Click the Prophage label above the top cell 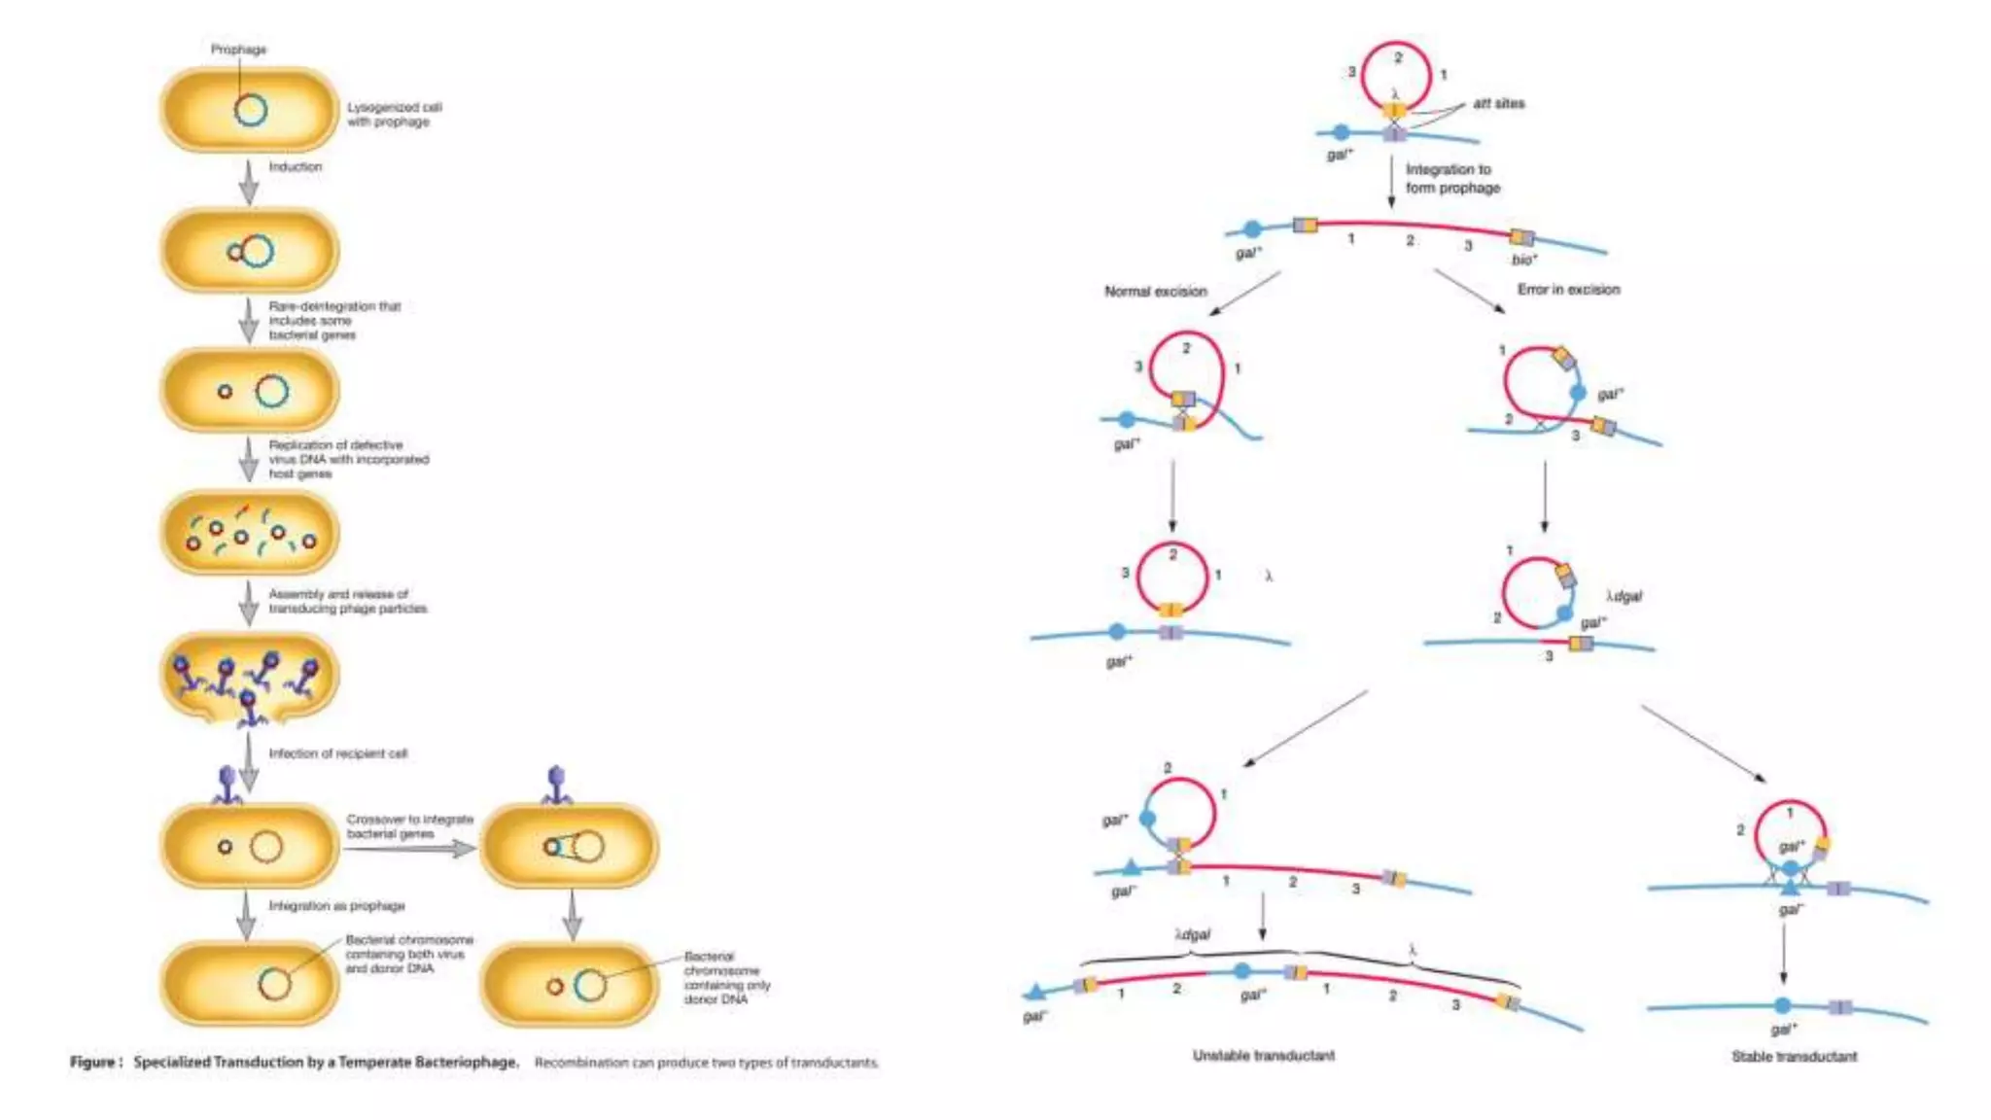238,50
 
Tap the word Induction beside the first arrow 295,167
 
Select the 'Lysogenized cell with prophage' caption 394,115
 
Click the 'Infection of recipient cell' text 337,753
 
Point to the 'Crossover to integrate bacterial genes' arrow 409,849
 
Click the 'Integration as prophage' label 336,906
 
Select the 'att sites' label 1498,104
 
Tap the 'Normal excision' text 1155,292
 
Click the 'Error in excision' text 1568,290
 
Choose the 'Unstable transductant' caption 1263,1056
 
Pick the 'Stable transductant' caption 1794,1057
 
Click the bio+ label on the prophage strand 1523,260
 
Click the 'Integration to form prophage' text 1452,179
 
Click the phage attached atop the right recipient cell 556,785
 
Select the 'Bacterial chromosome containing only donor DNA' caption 726,978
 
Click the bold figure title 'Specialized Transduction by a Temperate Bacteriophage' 326,1063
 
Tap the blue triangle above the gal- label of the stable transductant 1789,887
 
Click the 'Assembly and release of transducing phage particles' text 347,601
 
